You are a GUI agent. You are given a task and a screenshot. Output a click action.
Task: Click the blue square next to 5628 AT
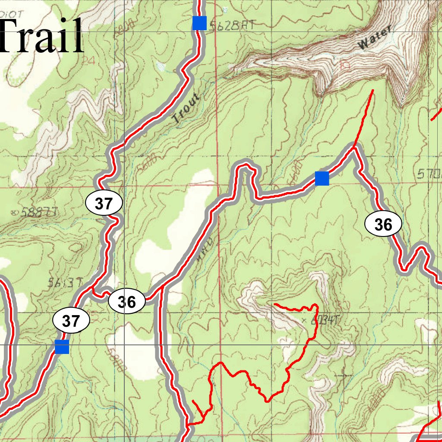199,23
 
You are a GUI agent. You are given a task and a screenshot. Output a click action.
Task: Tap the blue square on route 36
322,178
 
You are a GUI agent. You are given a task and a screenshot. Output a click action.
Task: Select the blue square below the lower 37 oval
62,347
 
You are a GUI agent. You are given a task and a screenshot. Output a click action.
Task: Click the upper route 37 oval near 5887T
104,203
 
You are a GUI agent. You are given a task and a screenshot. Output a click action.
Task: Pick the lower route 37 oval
71,321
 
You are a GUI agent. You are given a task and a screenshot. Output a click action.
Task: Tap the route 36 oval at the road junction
127,302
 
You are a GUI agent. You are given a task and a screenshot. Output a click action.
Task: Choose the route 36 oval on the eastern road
383,224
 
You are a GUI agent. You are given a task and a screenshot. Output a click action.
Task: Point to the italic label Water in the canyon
375,38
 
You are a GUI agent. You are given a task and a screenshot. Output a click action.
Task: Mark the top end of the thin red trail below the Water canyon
373,90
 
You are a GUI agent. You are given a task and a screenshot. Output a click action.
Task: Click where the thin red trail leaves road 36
354,148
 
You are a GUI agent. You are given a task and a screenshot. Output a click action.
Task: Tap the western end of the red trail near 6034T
275,304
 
